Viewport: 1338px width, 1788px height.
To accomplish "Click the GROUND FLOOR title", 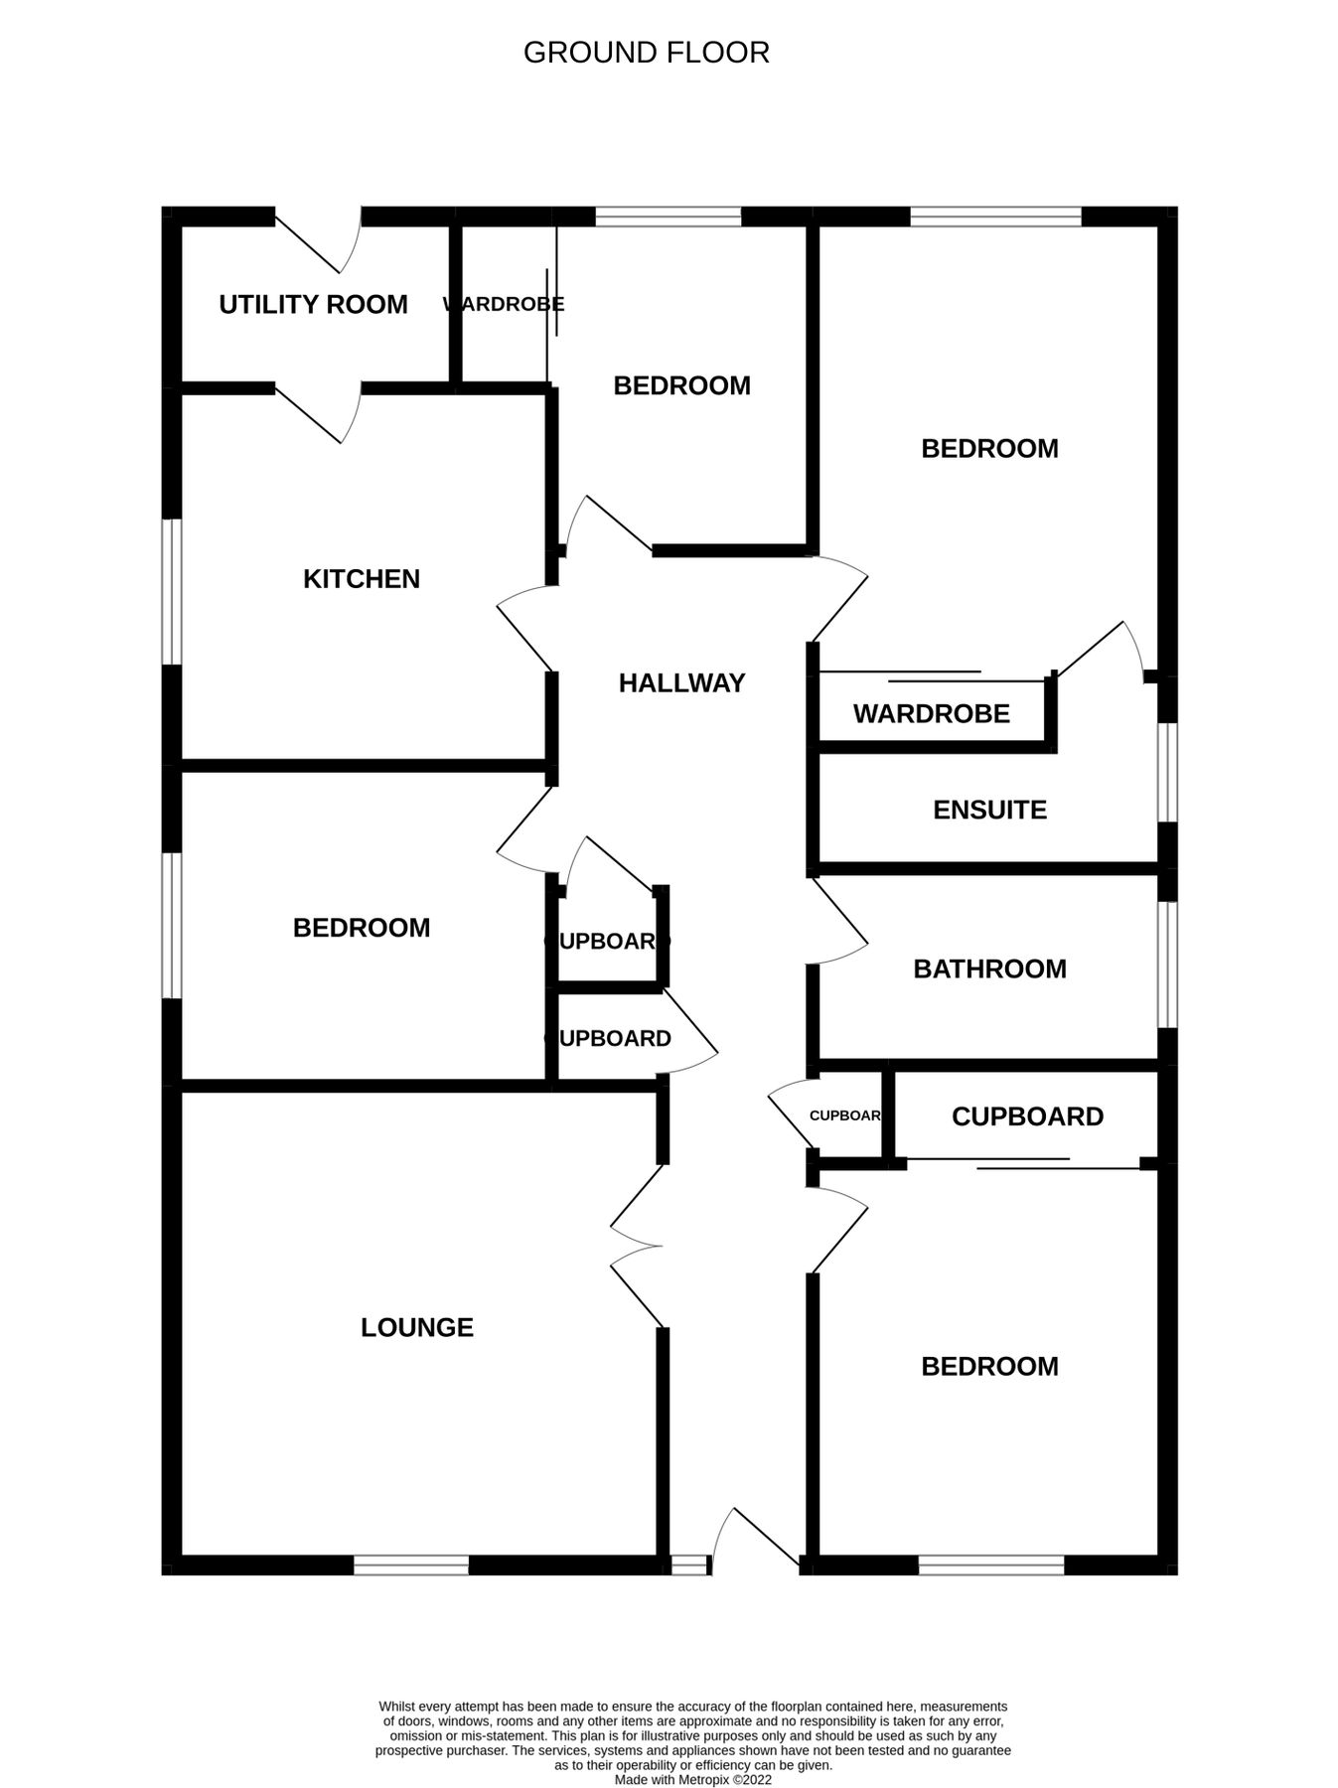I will (x=646, y=53).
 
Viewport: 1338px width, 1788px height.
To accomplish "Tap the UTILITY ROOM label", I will (x=313, y=304).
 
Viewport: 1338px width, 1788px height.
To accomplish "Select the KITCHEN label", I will (x=361, y=578).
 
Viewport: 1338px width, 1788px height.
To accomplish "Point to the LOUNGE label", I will (x=416, y=1327).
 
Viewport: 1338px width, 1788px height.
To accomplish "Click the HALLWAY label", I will (x=681, y=682).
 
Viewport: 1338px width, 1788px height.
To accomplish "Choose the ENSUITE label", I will (x=989, y=810).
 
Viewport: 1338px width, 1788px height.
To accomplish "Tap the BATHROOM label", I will (x=989, y=968).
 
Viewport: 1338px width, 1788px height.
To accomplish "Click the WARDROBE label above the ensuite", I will (x=931, y=713).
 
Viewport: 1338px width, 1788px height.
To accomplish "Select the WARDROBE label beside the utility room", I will (x=504, y=304).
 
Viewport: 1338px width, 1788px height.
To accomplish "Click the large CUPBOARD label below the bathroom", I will (x=1027, y=1117).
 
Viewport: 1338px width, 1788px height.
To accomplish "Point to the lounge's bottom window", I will (x=411, y=1565).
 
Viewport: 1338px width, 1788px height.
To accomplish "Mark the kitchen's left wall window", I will (x=172, y=591).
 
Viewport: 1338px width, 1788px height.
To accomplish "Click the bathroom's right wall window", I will (x=1168, y=964).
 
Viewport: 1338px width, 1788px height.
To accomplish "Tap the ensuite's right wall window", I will (x=1168, y=772).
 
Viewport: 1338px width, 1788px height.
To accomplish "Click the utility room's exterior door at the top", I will (x=316, y=240).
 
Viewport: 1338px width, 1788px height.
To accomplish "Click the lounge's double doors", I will (x=636, y=1245).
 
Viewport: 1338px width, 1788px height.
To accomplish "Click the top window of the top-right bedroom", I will (x=995, y=216).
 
